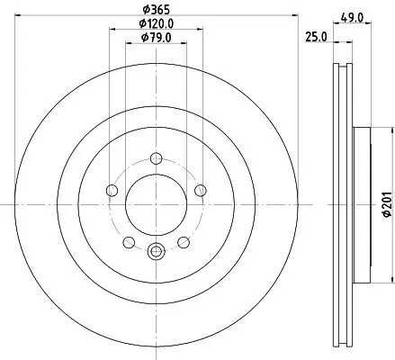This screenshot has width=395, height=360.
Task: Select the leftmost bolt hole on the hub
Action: [111, 191]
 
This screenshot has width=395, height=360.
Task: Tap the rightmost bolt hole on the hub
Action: [202, 191]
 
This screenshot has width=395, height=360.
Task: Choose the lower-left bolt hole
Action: [128, 241]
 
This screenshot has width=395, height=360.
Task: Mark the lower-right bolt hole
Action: [184, 241]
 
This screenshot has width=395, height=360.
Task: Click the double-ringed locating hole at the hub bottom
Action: [157, 251]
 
